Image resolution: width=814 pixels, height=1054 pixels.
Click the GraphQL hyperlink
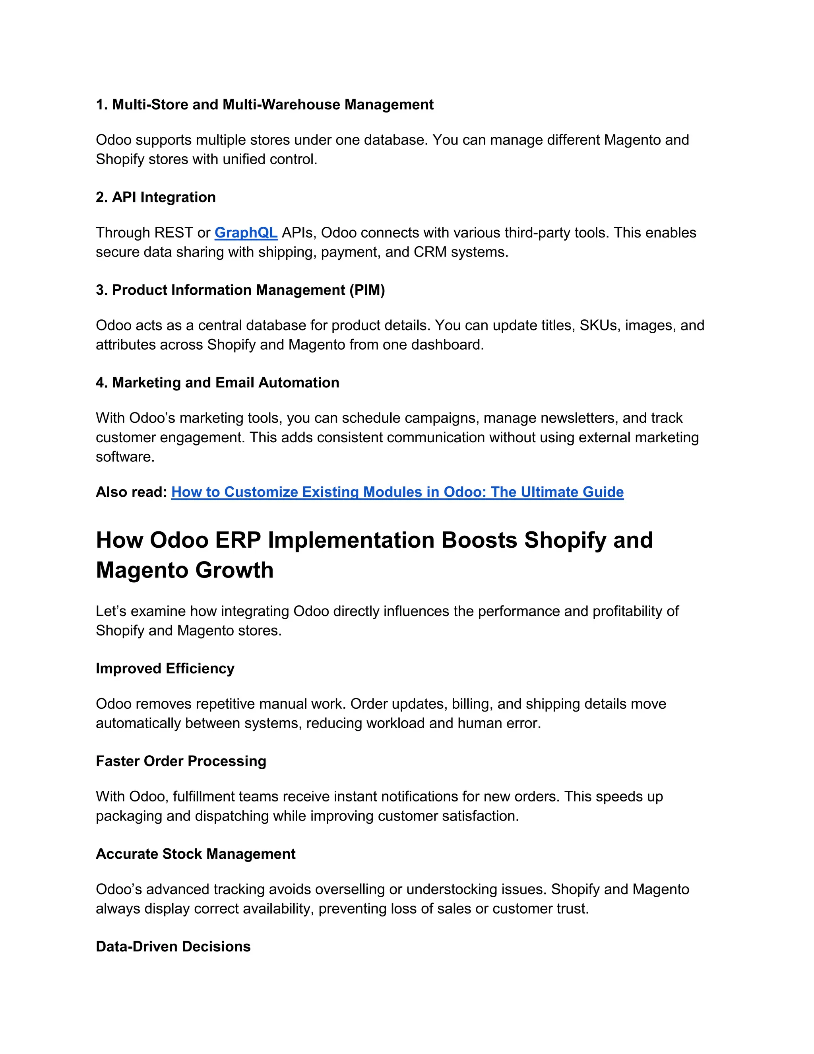(x=246, y=233)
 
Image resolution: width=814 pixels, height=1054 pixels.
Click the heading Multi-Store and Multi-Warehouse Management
(x=265, y=105)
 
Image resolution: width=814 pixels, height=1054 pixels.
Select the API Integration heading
(x=156, y=197)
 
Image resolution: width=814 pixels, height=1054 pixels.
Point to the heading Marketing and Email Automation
(x=217, y=383)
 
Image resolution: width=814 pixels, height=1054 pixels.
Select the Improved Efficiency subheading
(x=165, y=669)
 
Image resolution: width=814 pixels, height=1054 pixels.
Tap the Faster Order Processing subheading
(x=181, y=761)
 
